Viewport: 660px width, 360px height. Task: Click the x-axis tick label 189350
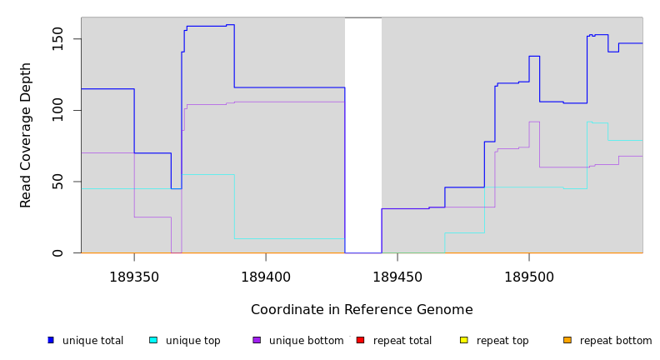pos(134,276)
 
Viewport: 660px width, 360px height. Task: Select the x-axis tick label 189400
pos(266,276)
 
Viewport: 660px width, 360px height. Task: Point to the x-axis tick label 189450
pos(397,276)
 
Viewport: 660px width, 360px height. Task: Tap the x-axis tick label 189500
pos(529,276)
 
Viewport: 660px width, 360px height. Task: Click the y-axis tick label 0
pos(57,252)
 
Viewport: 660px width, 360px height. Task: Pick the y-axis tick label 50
pos(57,182)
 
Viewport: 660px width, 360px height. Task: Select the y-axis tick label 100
pos(57,110)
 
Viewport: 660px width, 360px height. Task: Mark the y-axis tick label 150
pos(57,39)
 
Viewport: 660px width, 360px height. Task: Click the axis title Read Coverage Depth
pos(27,135)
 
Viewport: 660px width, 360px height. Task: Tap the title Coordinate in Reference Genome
pos(362,310)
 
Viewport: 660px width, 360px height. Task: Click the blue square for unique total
pos(51,340)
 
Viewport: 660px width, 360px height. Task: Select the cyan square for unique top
pos(153,340)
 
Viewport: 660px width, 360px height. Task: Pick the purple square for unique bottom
pos(257,340)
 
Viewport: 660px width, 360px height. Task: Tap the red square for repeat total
pos(360,340)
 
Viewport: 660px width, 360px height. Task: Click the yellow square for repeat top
pos(464,340)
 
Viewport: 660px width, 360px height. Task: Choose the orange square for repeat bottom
pos(567,340)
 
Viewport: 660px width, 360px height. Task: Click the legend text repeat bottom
pos(616,341)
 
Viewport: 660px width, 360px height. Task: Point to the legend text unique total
pos(92,341)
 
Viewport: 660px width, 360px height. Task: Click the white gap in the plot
pos(363,133)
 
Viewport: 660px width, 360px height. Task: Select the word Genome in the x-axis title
pos(445,310)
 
